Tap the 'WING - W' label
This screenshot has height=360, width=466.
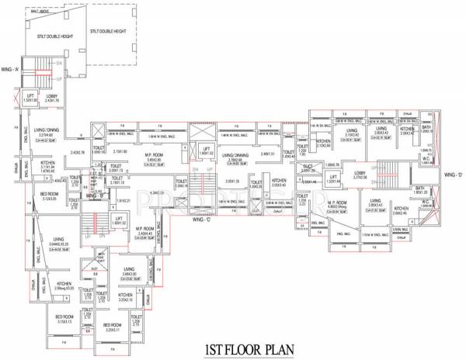pyautogui.click(x=11, y=69)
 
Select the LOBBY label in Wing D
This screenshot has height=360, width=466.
pyautogui.click(x=360, y=173)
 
